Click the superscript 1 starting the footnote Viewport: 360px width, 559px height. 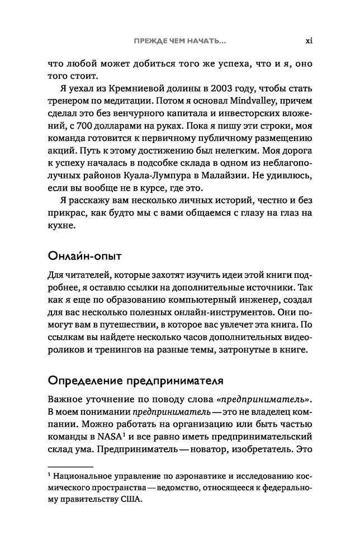[49, 475]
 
